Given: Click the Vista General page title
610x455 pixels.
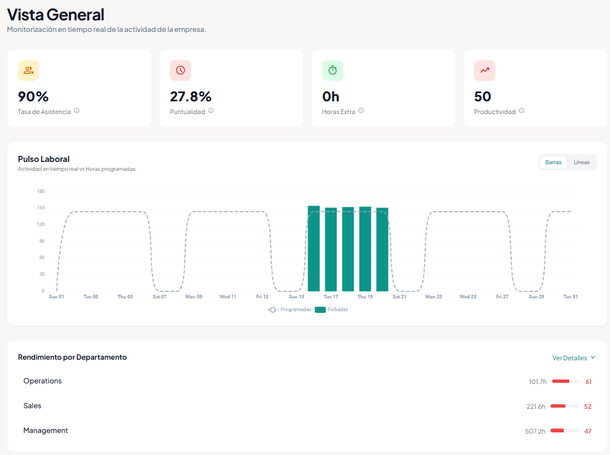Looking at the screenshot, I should (56, 14).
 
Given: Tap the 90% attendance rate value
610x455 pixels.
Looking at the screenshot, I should (34, 96).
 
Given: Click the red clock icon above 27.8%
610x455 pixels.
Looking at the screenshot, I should (180, 71).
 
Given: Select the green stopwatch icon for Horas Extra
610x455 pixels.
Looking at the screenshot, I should (332, 71).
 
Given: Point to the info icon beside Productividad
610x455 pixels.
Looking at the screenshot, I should (521, 111).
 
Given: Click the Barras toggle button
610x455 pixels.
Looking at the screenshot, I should (553, 162).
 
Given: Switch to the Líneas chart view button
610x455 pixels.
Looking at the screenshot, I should (581, 162).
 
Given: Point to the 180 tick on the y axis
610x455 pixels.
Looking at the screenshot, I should (41, 192).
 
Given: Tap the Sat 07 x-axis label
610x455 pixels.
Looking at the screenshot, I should (159, 297).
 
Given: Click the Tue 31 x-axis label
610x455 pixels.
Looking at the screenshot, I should (570, 297).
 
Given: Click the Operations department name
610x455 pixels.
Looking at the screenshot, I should (42, 381).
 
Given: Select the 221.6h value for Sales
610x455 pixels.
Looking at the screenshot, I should (536, 407).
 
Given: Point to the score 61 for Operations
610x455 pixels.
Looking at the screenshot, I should (588, 382).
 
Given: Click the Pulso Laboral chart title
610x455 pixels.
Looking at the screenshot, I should (44, 159).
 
